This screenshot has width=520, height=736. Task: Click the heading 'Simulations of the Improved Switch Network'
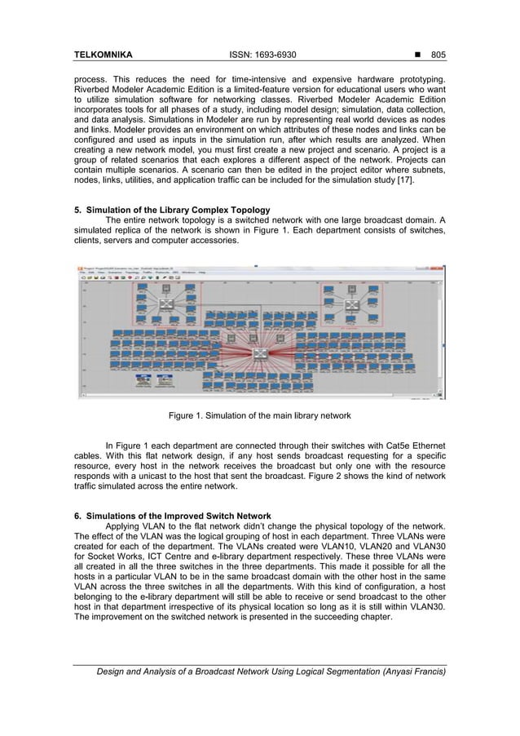point(178,516)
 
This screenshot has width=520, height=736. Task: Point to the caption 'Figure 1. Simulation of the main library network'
point(259,415)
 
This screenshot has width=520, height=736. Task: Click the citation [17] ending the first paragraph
point(405,180)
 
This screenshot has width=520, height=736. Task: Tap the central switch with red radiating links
point(261,353)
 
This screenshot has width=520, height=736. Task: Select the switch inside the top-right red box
point(352,304)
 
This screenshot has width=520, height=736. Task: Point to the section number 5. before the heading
point(78,210)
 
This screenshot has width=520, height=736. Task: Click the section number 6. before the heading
point(78,516)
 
